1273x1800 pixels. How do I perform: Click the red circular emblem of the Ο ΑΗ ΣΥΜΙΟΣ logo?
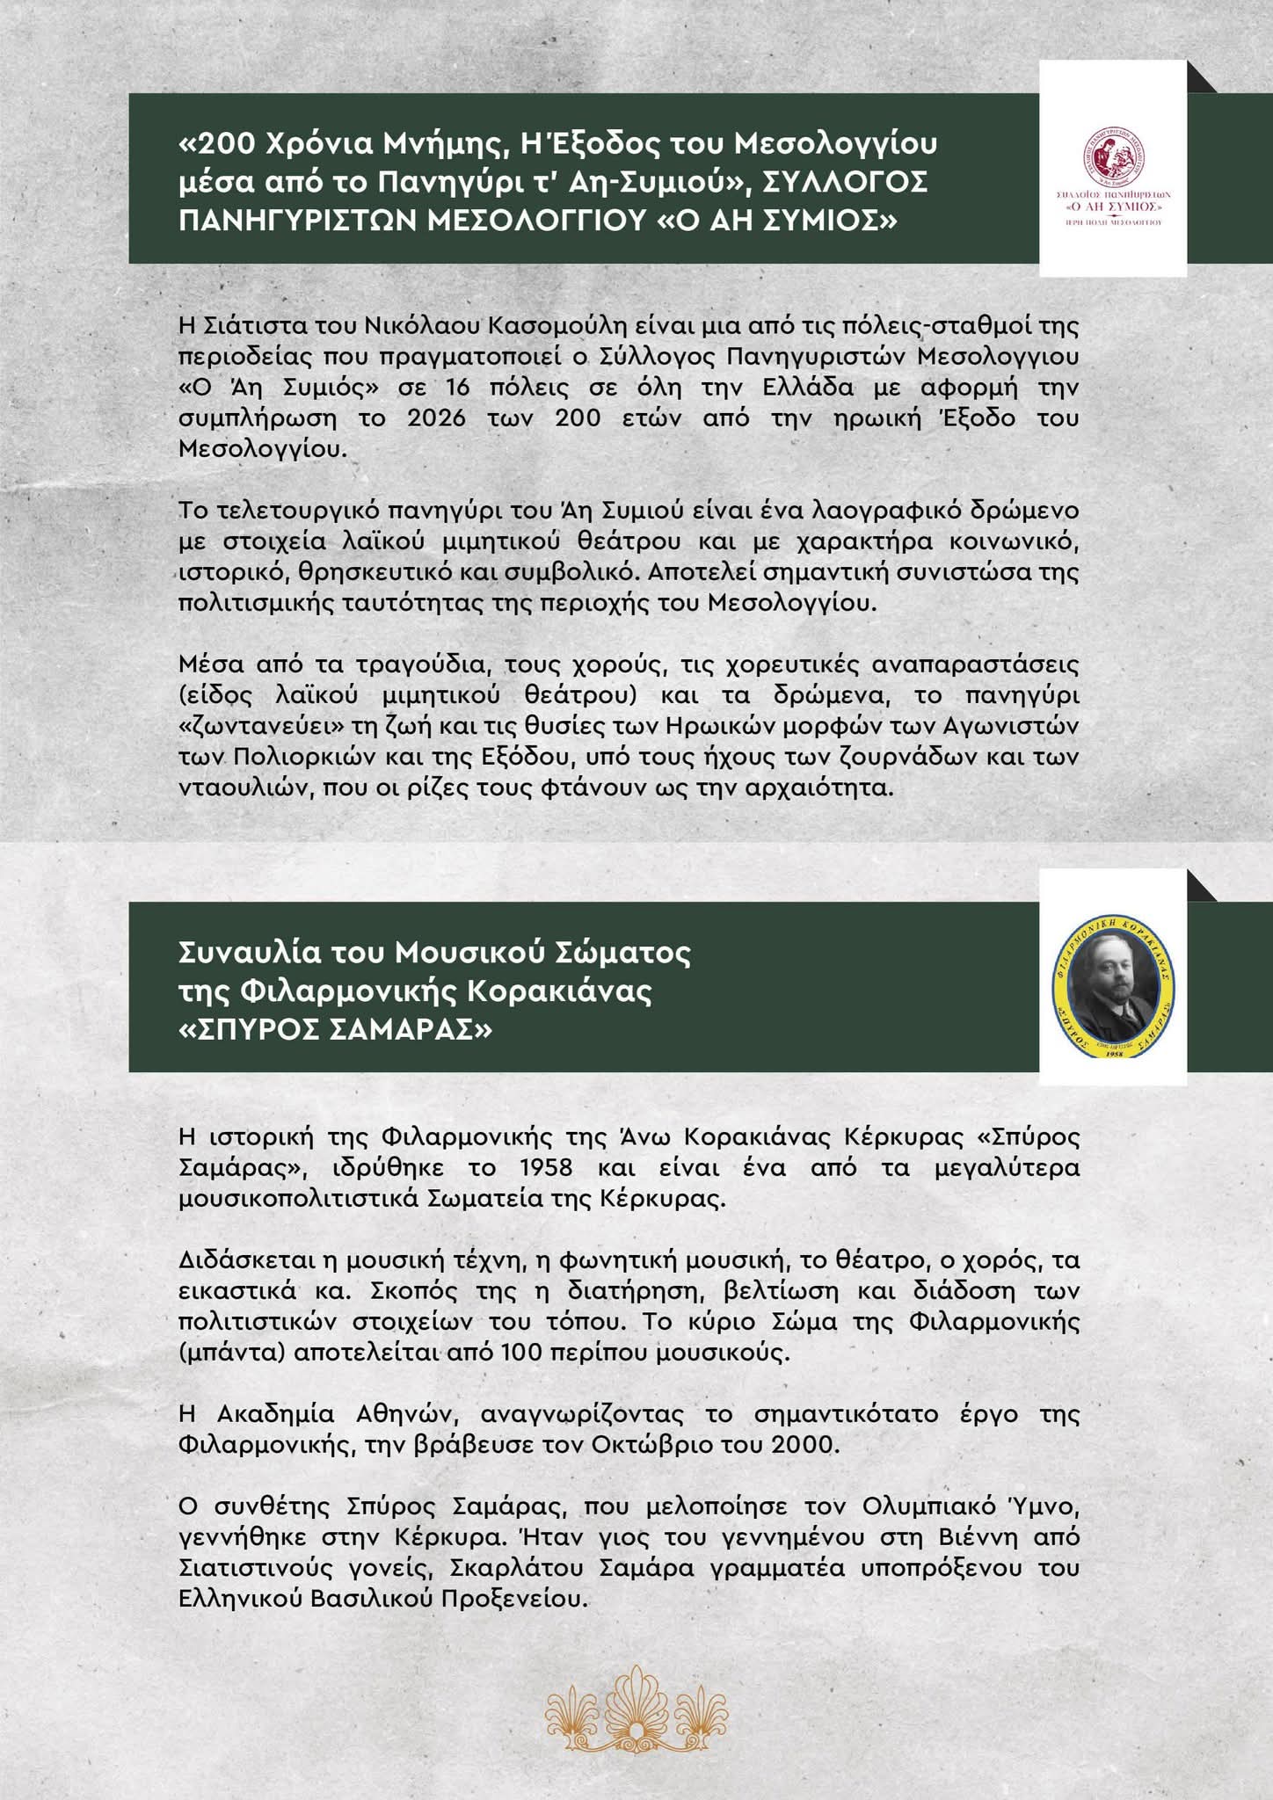pyautogui.click(x=1113, y=155)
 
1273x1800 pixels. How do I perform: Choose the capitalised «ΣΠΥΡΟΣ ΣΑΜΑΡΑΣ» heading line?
pyautogui.click(x=335, y=1029)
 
